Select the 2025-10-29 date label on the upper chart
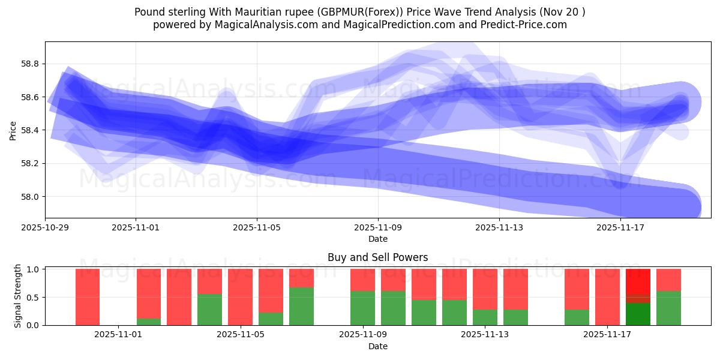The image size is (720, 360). pos(46,227)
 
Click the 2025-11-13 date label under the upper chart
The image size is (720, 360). pos(499,227)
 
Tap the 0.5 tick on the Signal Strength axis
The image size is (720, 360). pos(34,297)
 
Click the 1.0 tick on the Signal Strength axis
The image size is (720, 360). pos(34,269)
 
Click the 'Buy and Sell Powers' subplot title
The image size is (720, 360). pos(377,257)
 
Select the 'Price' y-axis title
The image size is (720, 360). pos(13,130)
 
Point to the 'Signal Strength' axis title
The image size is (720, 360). pos(18,296)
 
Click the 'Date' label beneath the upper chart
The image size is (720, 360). pos(377,239)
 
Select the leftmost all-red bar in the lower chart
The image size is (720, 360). pos(88,297)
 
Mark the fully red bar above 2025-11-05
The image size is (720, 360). pos(240,297)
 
